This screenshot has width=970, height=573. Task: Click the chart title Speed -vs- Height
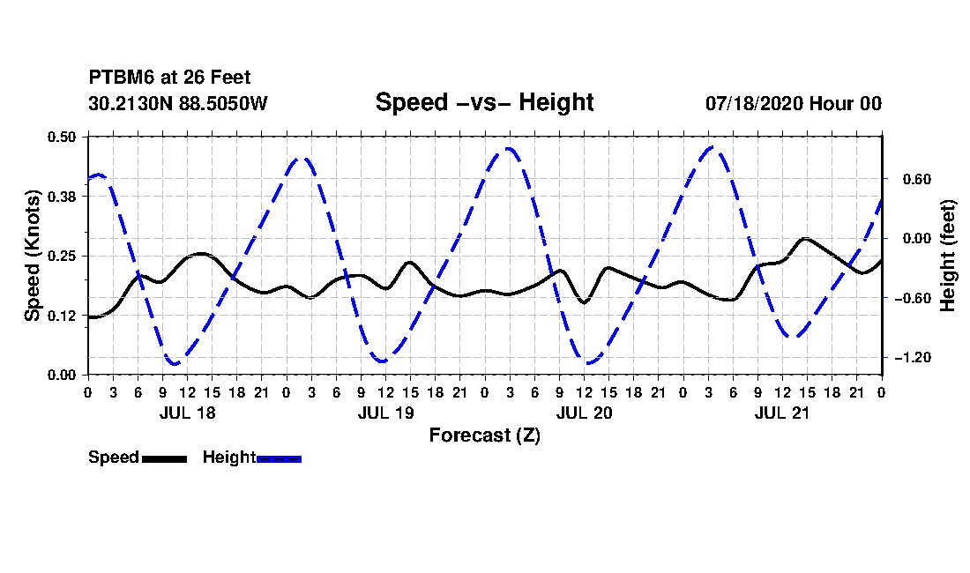(x=484, y=102)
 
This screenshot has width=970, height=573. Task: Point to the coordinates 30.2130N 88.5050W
(x=178, y=103)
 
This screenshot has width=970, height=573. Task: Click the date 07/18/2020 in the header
(x=755, y=103)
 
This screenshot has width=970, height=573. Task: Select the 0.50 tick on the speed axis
(x=62, y=137)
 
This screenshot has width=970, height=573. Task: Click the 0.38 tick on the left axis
(x=62, y=197)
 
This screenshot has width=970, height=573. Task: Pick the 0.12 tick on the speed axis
(x=62, y=316)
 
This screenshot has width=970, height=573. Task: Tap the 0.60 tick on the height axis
(x=917, y=179)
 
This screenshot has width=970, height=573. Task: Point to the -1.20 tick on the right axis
(x=914, y=358)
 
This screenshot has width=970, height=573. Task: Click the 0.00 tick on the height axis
(x=917, y=239)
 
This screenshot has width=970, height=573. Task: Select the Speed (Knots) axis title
(x=32, y=256)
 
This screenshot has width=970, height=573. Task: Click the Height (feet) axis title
(x=948, y=256)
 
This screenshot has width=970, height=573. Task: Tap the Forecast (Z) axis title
(x=485, y=435)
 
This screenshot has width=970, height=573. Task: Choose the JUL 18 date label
(x=188, y=413)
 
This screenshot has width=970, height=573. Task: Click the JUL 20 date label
(x=584, y=413)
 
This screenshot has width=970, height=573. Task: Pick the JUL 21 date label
(x=782, y=413)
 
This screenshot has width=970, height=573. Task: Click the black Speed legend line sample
(x=165, y=458)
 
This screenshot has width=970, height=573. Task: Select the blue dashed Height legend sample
(x=279, y=458)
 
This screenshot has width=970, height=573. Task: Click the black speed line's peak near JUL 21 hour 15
(x=804, y=239)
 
